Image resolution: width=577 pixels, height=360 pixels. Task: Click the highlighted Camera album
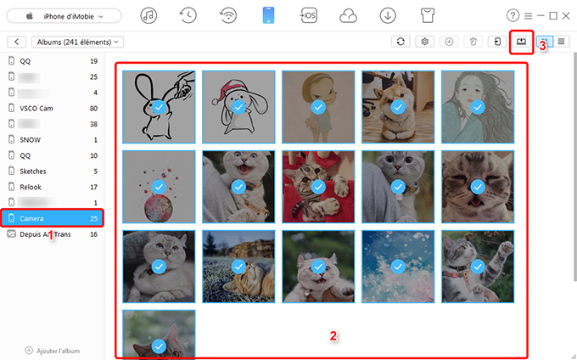pyautogui.click(x=52, y=218)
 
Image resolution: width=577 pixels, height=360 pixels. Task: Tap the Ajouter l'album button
pyautogui.click(x=53, y=350)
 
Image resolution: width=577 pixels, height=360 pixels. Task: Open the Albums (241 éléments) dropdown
pyautogui.click(x=77, y=41)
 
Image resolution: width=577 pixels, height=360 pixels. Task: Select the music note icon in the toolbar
pyautogui.click(x=149, y=15)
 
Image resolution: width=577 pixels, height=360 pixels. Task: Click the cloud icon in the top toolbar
pyautogui.click(x=347, y=15)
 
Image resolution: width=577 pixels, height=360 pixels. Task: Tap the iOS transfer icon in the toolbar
pyautogui.click(x=308, y=15)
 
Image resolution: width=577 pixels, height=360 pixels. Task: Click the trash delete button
pyautogui.click(x=473, y=41)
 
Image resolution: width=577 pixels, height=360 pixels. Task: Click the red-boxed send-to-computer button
pyautogui.click(x=521, y=41)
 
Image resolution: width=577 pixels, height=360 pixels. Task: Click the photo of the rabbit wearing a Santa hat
pyautogui.click(x=238, y=105)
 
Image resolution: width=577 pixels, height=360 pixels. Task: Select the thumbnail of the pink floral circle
pyautogui.click(x=159, y=185)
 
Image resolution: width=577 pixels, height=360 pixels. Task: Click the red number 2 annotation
pyautogui.click(x=333, y=335)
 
